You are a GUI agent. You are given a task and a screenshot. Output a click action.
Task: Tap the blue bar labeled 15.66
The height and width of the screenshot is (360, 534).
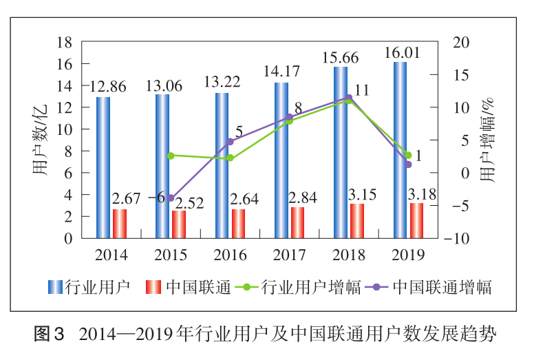341,152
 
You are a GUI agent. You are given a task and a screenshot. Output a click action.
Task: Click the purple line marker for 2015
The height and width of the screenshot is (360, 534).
171,198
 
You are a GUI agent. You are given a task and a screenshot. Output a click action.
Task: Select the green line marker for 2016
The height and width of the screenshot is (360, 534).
230,158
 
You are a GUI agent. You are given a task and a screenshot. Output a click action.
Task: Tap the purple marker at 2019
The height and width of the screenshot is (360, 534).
408,165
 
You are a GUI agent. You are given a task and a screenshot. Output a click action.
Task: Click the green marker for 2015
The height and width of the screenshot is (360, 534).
171,156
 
